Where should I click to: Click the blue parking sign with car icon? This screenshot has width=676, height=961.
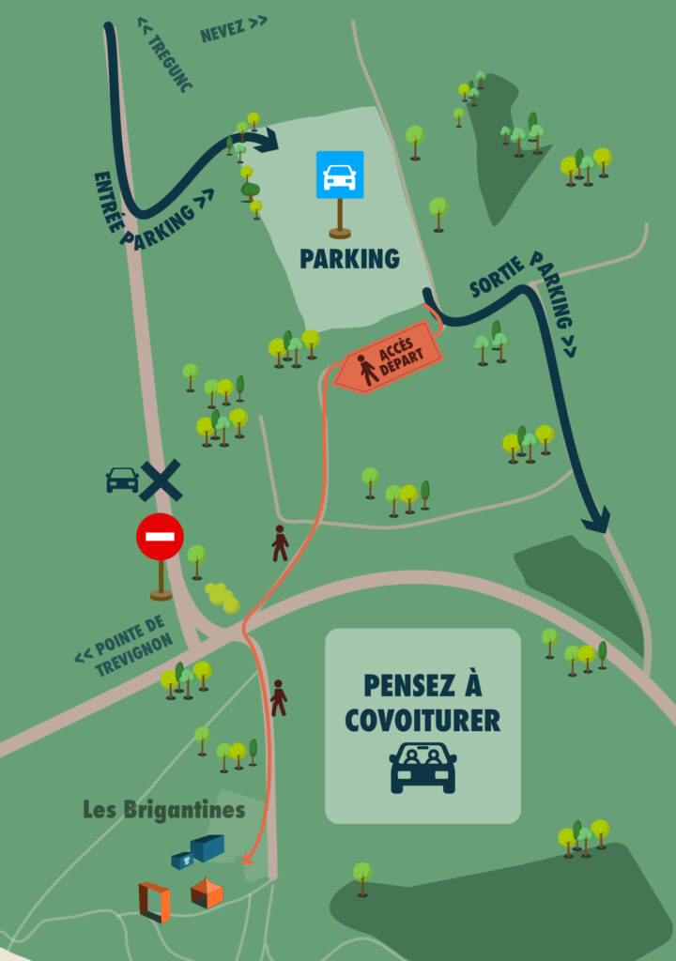(339, 175)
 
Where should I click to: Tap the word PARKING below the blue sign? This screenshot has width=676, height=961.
(349, 259)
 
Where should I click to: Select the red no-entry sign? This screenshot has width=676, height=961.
(160, 538)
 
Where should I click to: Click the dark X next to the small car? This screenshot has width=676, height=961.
(161, 480)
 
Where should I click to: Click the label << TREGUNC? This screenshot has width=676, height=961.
(165, 53)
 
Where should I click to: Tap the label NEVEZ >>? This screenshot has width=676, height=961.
(233, 28)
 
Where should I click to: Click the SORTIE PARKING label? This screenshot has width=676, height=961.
(525, 300)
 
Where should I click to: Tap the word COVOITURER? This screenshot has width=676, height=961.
(422, 720)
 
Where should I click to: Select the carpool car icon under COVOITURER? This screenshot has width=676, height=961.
(422, 767)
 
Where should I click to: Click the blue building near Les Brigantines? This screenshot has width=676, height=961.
(206, 847)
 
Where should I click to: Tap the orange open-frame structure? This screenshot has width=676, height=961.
(154, 901)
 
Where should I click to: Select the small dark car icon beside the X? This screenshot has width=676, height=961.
(122, 480)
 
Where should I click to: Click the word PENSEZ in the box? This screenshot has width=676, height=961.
(422, 685)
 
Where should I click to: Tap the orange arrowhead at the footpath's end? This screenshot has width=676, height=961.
(248, 858)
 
